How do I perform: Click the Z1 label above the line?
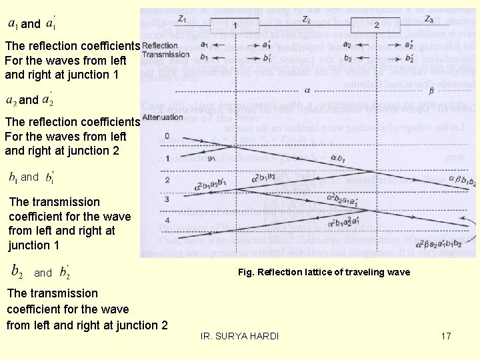[182, 19]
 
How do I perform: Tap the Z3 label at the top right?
[429, 19]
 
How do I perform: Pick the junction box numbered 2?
[377, 25]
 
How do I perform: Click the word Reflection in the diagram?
[160, 45]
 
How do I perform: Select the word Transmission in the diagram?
[165, 54]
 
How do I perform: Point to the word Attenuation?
[163, 117]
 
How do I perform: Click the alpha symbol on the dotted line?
[307, 88]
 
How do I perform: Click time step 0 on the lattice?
[167, 137]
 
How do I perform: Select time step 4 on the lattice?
[167, 221]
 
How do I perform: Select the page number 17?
[446, 336]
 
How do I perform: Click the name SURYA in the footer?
[234, 336]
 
